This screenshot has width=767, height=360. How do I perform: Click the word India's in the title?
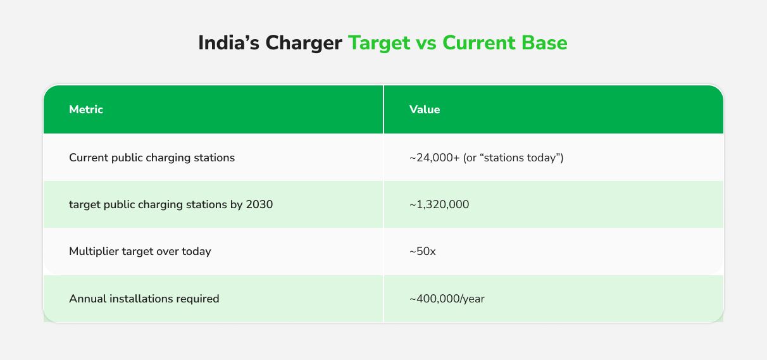pyautogui.click(x=228, y=43)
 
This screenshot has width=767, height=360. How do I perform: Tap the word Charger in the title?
pyautogui.click(x=304, y=44)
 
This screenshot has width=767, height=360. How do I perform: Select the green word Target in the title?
pyautogui.click(x=379, y=44)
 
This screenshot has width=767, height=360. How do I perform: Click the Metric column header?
pyautogui.click(x=86, y=109)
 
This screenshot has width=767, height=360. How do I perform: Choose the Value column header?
pyautogui.click(x=425, y=109)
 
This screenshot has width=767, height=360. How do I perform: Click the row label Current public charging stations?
pyautogui.click(x=152, y=158)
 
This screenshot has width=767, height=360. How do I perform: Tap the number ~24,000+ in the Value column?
pyautogui.click(x=434, y=158)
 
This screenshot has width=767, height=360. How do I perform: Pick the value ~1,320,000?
pyautogui.click(x=439, y=204)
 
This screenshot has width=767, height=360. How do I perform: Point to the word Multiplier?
pyautogui.click(x=94, y=252)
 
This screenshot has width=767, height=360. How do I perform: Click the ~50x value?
pyautogui.click(x=423, y=252)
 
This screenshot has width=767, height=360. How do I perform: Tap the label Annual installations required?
pyautogui.click(x=144, y=299)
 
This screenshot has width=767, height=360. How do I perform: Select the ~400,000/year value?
pyautogui.click(x=447, y=299)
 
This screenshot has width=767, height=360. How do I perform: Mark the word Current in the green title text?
pyautogui.click(x=478, y=43)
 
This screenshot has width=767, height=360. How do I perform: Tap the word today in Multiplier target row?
pyautogui.click(x=196, y=252)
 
